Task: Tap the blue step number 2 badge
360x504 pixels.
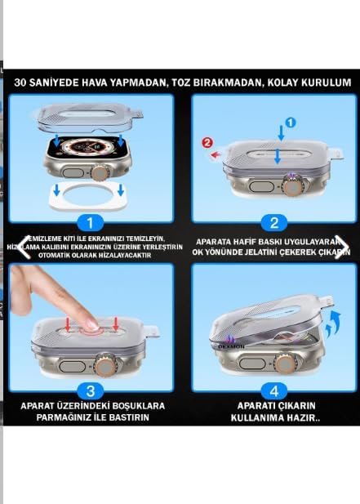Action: [274, 222]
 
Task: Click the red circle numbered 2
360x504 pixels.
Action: [208, 142]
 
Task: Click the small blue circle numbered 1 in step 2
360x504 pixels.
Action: [290, 123]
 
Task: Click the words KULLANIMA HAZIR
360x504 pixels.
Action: [276, 417]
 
